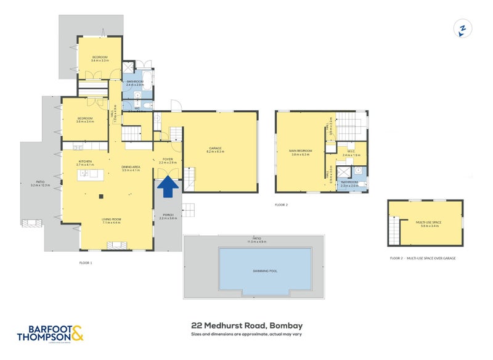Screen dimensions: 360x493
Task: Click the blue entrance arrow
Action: click(166, 187)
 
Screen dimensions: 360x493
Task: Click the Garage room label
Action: click(215, 149)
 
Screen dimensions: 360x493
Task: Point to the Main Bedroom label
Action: click(301, 152)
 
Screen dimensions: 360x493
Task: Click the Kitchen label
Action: click(84, 163)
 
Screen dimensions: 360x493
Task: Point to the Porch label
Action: click(168, 216)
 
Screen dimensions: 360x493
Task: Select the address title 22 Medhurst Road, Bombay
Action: click(246, 325)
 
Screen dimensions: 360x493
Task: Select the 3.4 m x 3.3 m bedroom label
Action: click(99, 59)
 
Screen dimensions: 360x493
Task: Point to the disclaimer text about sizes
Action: click(246, 335)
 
